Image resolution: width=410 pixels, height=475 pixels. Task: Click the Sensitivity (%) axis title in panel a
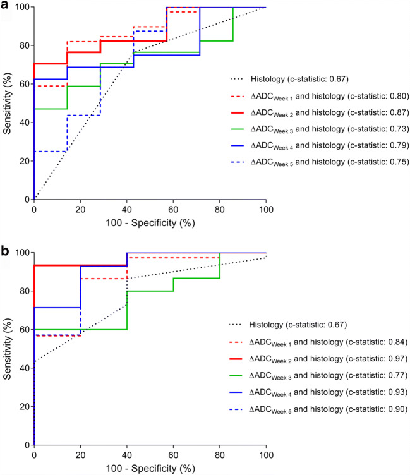8,104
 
